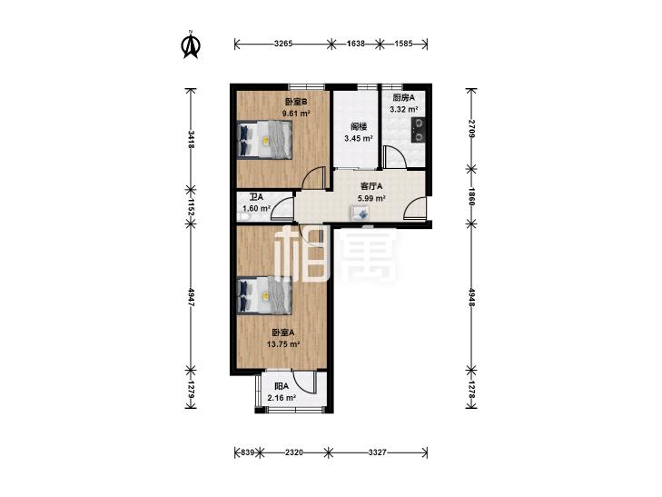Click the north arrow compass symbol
click(x=191, y=45)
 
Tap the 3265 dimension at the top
click(x=282, y=44)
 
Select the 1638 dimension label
click(x=355, y=44)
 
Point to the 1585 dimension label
click(x=403, y=44)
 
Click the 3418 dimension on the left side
click(x=192, y=140)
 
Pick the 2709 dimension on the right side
click(x=471, y=129)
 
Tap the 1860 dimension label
click(x=471, y=197)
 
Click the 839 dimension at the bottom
click(x=247, y=452)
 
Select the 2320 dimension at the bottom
click(x=294, y=452)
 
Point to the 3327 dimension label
click(x=377, y=452)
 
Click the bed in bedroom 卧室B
click(x=265, y=140)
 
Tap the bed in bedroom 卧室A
click(x=265, y=295)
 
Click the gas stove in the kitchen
click(x=419, y=130)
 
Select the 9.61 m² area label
click(x=296, y=114)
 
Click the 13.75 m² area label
click(x=283, y=344)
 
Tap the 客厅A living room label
click(x=371, y=185)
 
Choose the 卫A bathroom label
click(x=256, y=197)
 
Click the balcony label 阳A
click(x=282, y=386)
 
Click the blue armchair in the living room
click(x=361, y=213)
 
